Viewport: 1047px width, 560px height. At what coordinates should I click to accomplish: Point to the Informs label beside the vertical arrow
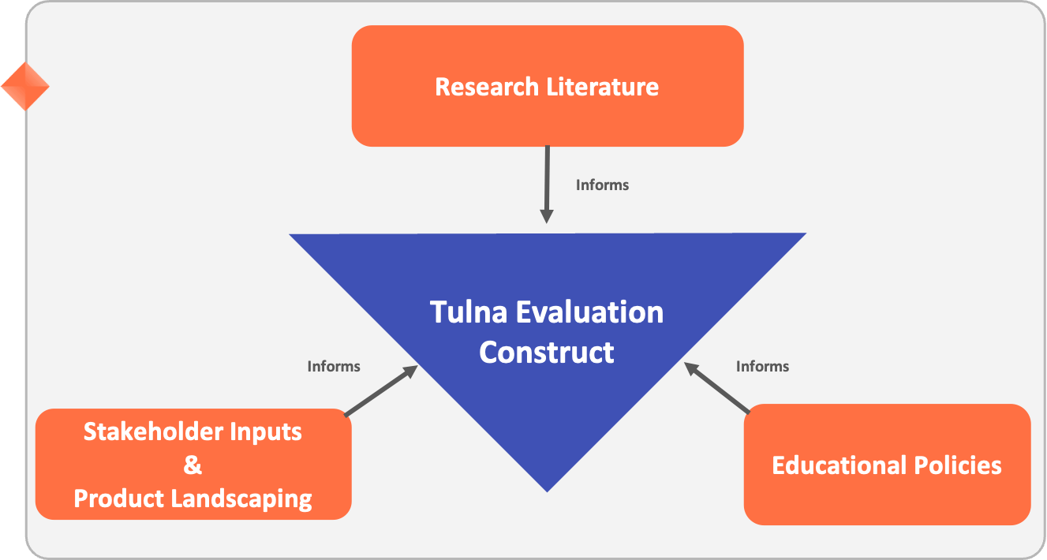602,185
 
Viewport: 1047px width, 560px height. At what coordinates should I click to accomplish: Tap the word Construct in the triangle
546,352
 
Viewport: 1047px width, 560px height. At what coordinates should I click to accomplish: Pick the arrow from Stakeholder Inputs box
381,390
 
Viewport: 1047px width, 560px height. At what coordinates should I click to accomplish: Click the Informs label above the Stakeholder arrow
333,367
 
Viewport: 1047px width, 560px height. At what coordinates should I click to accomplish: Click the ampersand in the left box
193,465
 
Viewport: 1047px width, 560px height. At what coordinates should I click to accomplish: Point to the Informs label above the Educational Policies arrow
762,367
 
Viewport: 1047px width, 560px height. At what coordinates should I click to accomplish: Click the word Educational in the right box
838,465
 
